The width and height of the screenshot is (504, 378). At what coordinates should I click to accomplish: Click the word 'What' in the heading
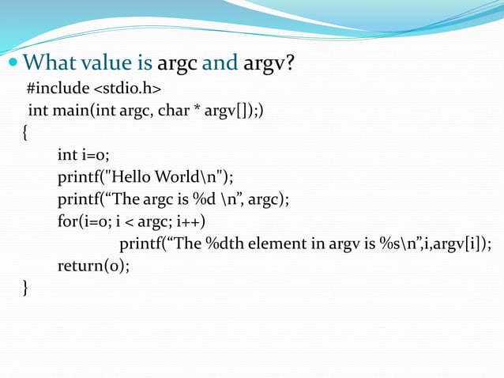pos(49,62)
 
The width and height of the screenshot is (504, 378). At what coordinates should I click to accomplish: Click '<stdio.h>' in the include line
pos(128,86)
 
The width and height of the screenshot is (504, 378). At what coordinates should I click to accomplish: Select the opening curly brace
pos(25,132)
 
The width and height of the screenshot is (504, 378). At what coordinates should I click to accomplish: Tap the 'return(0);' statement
pos(93,266)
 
